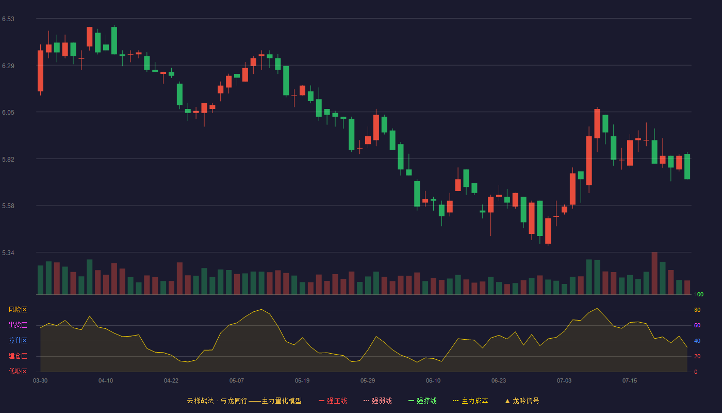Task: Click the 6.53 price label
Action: tap(8, 19)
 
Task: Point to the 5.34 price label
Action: tap(8, 253)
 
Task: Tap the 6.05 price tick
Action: tap(8, 113)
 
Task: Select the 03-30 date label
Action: tap(40, 381)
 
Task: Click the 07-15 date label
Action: tap(630, 381)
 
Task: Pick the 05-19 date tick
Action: tap(302, 381)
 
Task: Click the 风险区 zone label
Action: tap(18, 310)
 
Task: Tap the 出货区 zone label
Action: tap(18, 325)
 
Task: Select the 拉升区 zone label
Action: tap(18, 340)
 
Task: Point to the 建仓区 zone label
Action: tap(18, 356)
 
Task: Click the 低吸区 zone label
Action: tap(18, 371)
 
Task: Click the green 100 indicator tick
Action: tap(699, 294)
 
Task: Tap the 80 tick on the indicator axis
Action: tap(697, 310)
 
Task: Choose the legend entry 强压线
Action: tap(333, 401)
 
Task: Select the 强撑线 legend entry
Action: tap(422, 401)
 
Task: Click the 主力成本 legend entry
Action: tap(470, 401)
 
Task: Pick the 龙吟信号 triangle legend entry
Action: tap(522, 401)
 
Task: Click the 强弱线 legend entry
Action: tap(378, 401)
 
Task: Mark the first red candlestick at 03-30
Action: tap(40, 71)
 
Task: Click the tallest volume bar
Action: tap(654, 273)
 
